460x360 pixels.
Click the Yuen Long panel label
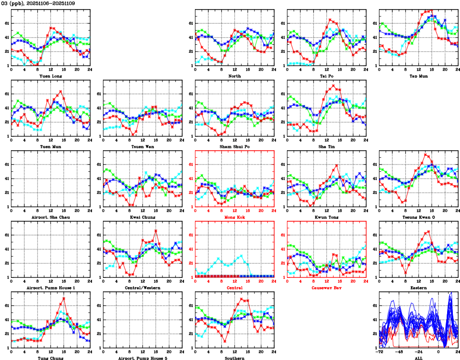click(x=51, y=76)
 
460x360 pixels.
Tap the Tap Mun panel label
click(x=419, y=76)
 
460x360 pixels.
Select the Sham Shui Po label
click(x=235, y=146)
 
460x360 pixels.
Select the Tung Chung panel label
click(x=51, y=358)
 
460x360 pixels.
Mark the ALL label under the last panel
click(x=419, y=358)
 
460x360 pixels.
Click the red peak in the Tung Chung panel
click(x=63, y=298)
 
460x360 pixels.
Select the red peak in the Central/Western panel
click(x=156, y=231)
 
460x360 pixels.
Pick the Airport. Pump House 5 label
click(x=143, y=358)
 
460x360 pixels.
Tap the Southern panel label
click(x=235, y=358)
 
